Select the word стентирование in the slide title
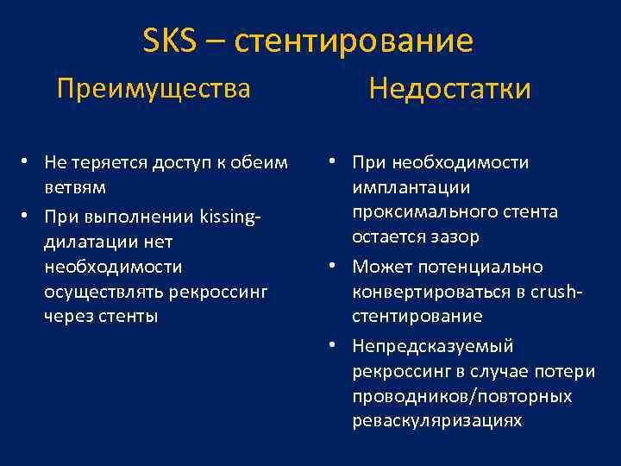[x=354, y=41]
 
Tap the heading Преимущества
[x=154, y=88]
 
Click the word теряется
[x=106, y=162]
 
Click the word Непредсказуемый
[x=432, y=345]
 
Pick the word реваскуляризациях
[x=436, y=420]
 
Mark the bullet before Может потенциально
[x=331, y=267]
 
